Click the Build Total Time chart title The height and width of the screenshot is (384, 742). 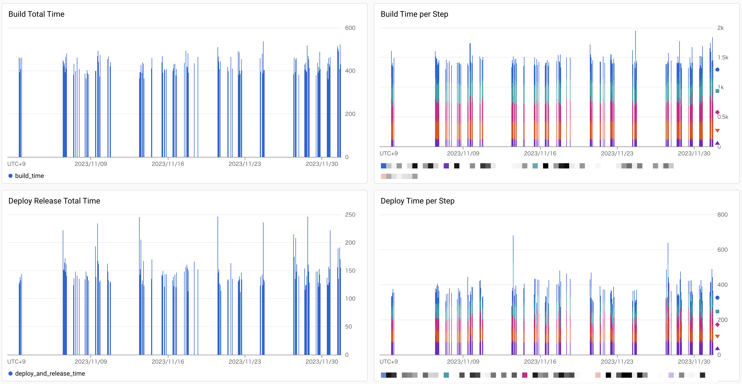tap(36, 14)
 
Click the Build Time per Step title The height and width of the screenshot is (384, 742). tap(414, 14)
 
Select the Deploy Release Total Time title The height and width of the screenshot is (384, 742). tap(54, 201)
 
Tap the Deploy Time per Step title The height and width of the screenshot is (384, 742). tap(417, 201)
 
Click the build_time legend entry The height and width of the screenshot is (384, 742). tap(29, 176)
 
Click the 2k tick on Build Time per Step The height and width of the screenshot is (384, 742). tap(720, 28)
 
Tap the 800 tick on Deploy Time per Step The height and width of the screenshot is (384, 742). tap(722, 215)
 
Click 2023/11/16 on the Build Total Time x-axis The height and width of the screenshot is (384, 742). tap(168, 164)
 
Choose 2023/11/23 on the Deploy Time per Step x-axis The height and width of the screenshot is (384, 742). tap(617, 362)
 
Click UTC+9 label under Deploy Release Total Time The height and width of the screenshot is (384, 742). tap(16, 362)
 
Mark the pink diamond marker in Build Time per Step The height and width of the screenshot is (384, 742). tap(717, 112)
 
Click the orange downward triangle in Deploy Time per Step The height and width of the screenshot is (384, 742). tap(717, 337)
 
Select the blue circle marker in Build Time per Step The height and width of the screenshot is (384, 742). tap(717, 70)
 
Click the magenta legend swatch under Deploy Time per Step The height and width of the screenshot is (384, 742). tap(524, 375)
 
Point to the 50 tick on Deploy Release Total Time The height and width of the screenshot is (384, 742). tap(348, 327)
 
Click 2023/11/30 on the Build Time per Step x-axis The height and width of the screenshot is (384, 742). tap(694, 154)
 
